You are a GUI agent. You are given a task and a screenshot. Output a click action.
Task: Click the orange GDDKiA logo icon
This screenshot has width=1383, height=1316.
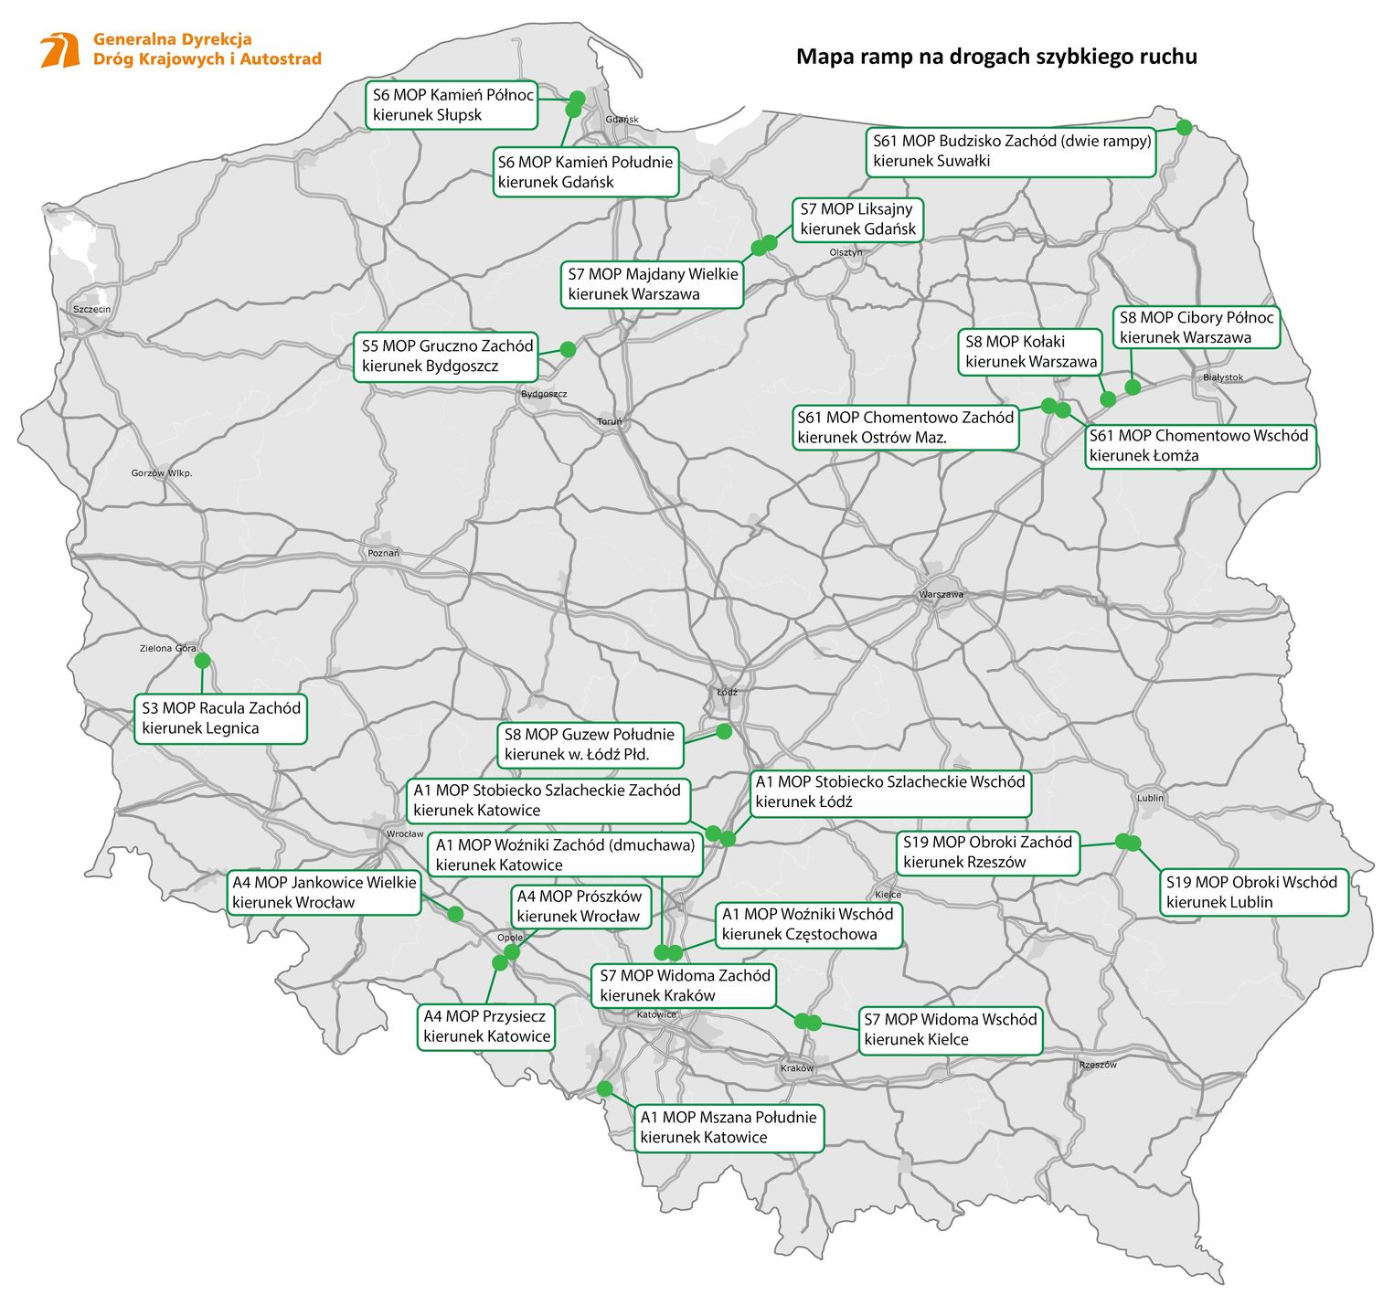coord(60,50)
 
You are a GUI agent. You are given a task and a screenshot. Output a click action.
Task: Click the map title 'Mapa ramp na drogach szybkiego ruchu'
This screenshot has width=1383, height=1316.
coord(996,57)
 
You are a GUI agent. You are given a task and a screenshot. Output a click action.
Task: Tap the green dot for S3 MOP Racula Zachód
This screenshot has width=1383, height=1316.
coord(202,660)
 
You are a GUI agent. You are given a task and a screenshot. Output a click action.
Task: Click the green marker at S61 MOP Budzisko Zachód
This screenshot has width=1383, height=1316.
coord(1184,127)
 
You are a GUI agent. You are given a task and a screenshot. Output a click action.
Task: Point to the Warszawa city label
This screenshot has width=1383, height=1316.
coord(941,595)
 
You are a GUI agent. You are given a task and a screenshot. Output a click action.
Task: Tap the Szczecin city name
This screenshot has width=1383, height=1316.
coord(91,310)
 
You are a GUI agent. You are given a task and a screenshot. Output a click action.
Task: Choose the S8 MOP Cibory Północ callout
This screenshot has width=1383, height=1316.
coord(1196,327)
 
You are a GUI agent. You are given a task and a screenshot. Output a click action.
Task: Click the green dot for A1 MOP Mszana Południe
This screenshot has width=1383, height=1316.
coord(604,1088)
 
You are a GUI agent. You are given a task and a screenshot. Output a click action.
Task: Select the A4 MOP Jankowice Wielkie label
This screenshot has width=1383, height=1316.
coord(324,893)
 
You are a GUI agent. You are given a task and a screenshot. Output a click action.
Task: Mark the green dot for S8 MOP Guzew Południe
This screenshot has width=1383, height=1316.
coord(724,731)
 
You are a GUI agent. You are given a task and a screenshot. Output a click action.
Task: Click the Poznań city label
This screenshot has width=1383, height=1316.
coord(384,554)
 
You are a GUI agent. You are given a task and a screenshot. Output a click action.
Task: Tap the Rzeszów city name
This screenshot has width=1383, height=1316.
coord(1097,1065)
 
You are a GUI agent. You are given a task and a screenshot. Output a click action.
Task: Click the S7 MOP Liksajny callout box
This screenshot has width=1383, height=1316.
coord(857,219)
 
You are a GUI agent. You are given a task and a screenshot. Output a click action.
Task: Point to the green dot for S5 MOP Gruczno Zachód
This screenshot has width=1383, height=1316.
coord(568,349)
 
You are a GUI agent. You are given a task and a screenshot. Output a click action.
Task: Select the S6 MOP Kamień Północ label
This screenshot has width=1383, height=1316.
coord(452,105)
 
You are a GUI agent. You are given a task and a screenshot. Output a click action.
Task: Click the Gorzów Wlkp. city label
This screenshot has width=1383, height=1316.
coord(162,473)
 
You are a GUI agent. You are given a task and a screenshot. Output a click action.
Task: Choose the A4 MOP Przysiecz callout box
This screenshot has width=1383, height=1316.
coord(486,1026)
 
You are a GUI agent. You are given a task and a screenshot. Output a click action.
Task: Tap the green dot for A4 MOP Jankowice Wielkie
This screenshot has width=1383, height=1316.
coord(455,914)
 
